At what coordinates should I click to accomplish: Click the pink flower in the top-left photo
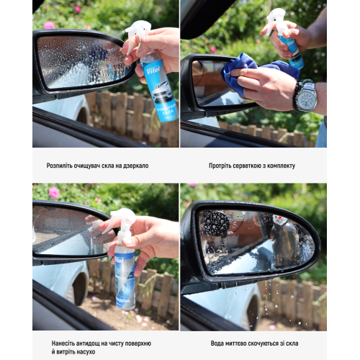(49, 24)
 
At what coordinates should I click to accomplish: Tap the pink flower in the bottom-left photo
(54, 192)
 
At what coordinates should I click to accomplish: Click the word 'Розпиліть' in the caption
(62, 166)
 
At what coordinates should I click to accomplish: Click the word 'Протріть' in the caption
(222, 166)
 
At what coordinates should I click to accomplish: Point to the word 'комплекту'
(279, 166)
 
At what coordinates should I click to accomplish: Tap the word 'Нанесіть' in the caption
(66, 342)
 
